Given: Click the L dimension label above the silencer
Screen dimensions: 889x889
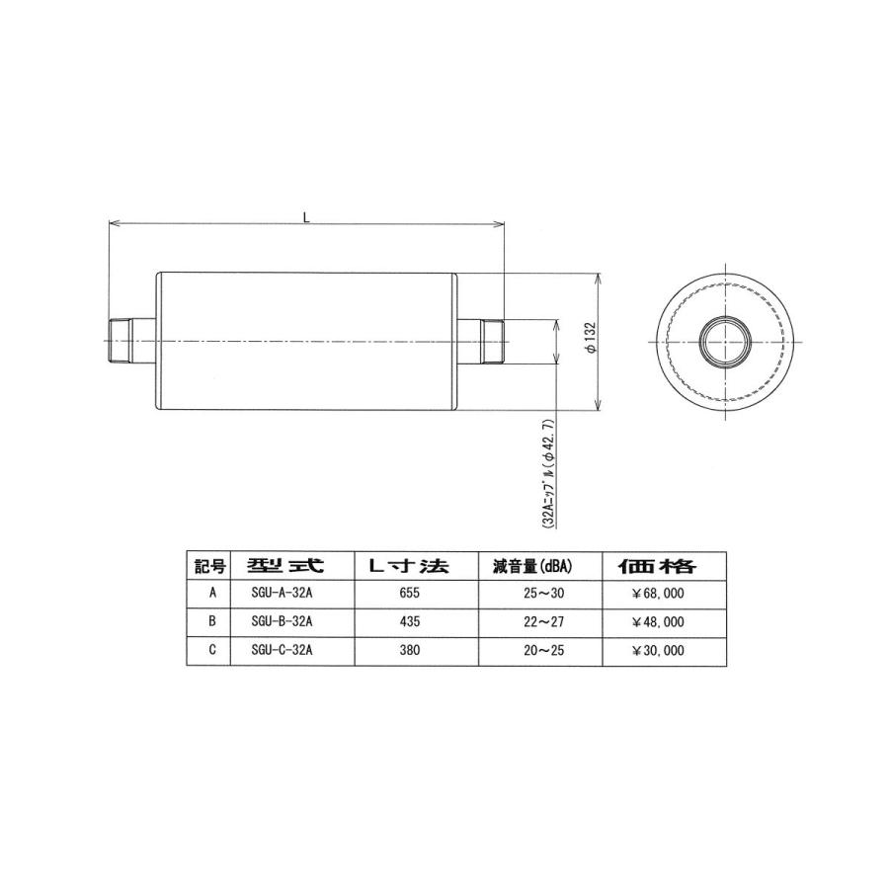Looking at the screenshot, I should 306,217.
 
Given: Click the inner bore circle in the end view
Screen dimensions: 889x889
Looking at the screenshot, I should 726,342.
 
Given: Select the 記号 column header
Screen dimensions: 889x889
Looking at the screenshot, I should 209,567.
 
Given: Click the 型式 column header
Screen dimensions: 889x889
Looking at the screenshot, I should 282,567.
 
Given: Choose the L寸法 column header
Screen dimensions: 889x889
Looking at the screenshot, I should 406,567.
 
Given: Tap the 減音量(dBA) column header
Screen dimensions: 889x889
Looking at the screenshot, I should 534,567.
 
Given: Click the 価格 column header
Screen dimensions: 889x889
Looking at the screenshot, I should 657,567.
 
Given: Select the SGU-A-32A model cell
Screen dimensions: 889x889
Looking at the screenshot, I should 282,595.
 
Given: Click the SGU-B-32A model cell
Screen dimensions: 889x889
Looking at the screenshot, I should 282,622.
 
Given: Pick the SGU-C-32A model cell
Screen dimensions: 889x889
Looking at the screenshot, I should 282,651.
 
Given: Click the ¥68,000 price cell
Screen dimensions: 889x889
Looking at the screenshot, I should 657,595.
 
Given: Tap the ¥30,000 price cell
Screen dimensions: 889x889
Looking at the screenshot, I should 657,651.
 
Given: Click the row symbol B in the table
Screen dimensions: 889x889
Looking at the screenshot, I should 210,622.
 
